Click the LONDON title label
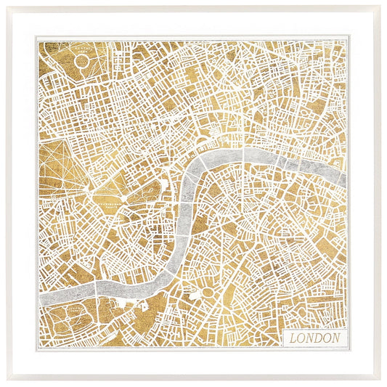pyautogui.click(x=315, y=338)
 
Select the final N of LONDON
pyautogui.click(x=337, y=338)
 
